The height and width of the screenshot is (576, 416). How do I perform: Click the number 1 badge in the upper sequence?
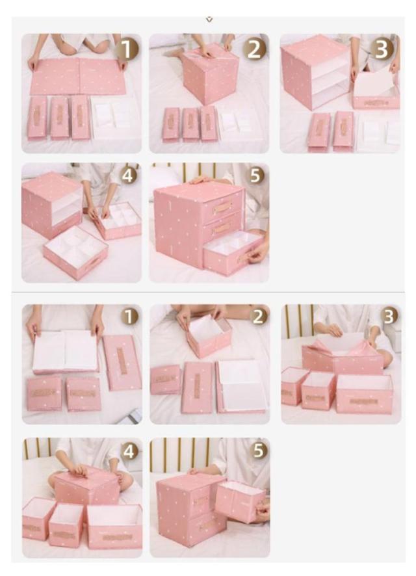click(x=127, y=49)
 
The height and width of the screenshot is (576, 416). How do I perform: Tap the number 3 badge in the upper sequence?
click(x=382, y=49)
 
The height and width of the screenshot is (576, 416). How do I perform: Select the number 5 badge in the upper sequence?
click(x=256, y=176)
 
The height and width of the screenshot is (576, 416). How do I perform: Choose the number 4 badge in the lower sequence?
click(x=129, y=451)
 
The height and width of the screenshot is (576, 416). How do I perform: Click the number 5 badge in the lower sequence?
click(x=259, y=450)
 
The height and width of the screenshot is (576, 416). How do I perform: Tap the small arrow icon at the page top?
click(x=209, y=20)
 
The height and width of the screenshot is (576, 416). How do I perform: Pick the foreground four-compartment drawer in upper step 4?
click(x=75, y=249)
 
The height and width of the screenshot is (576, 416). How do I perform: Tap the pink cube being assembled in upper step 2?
click(x=211, y=76)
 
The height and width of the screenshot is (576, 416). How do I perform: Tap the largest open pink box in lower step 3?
click(x=364, y=393)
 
